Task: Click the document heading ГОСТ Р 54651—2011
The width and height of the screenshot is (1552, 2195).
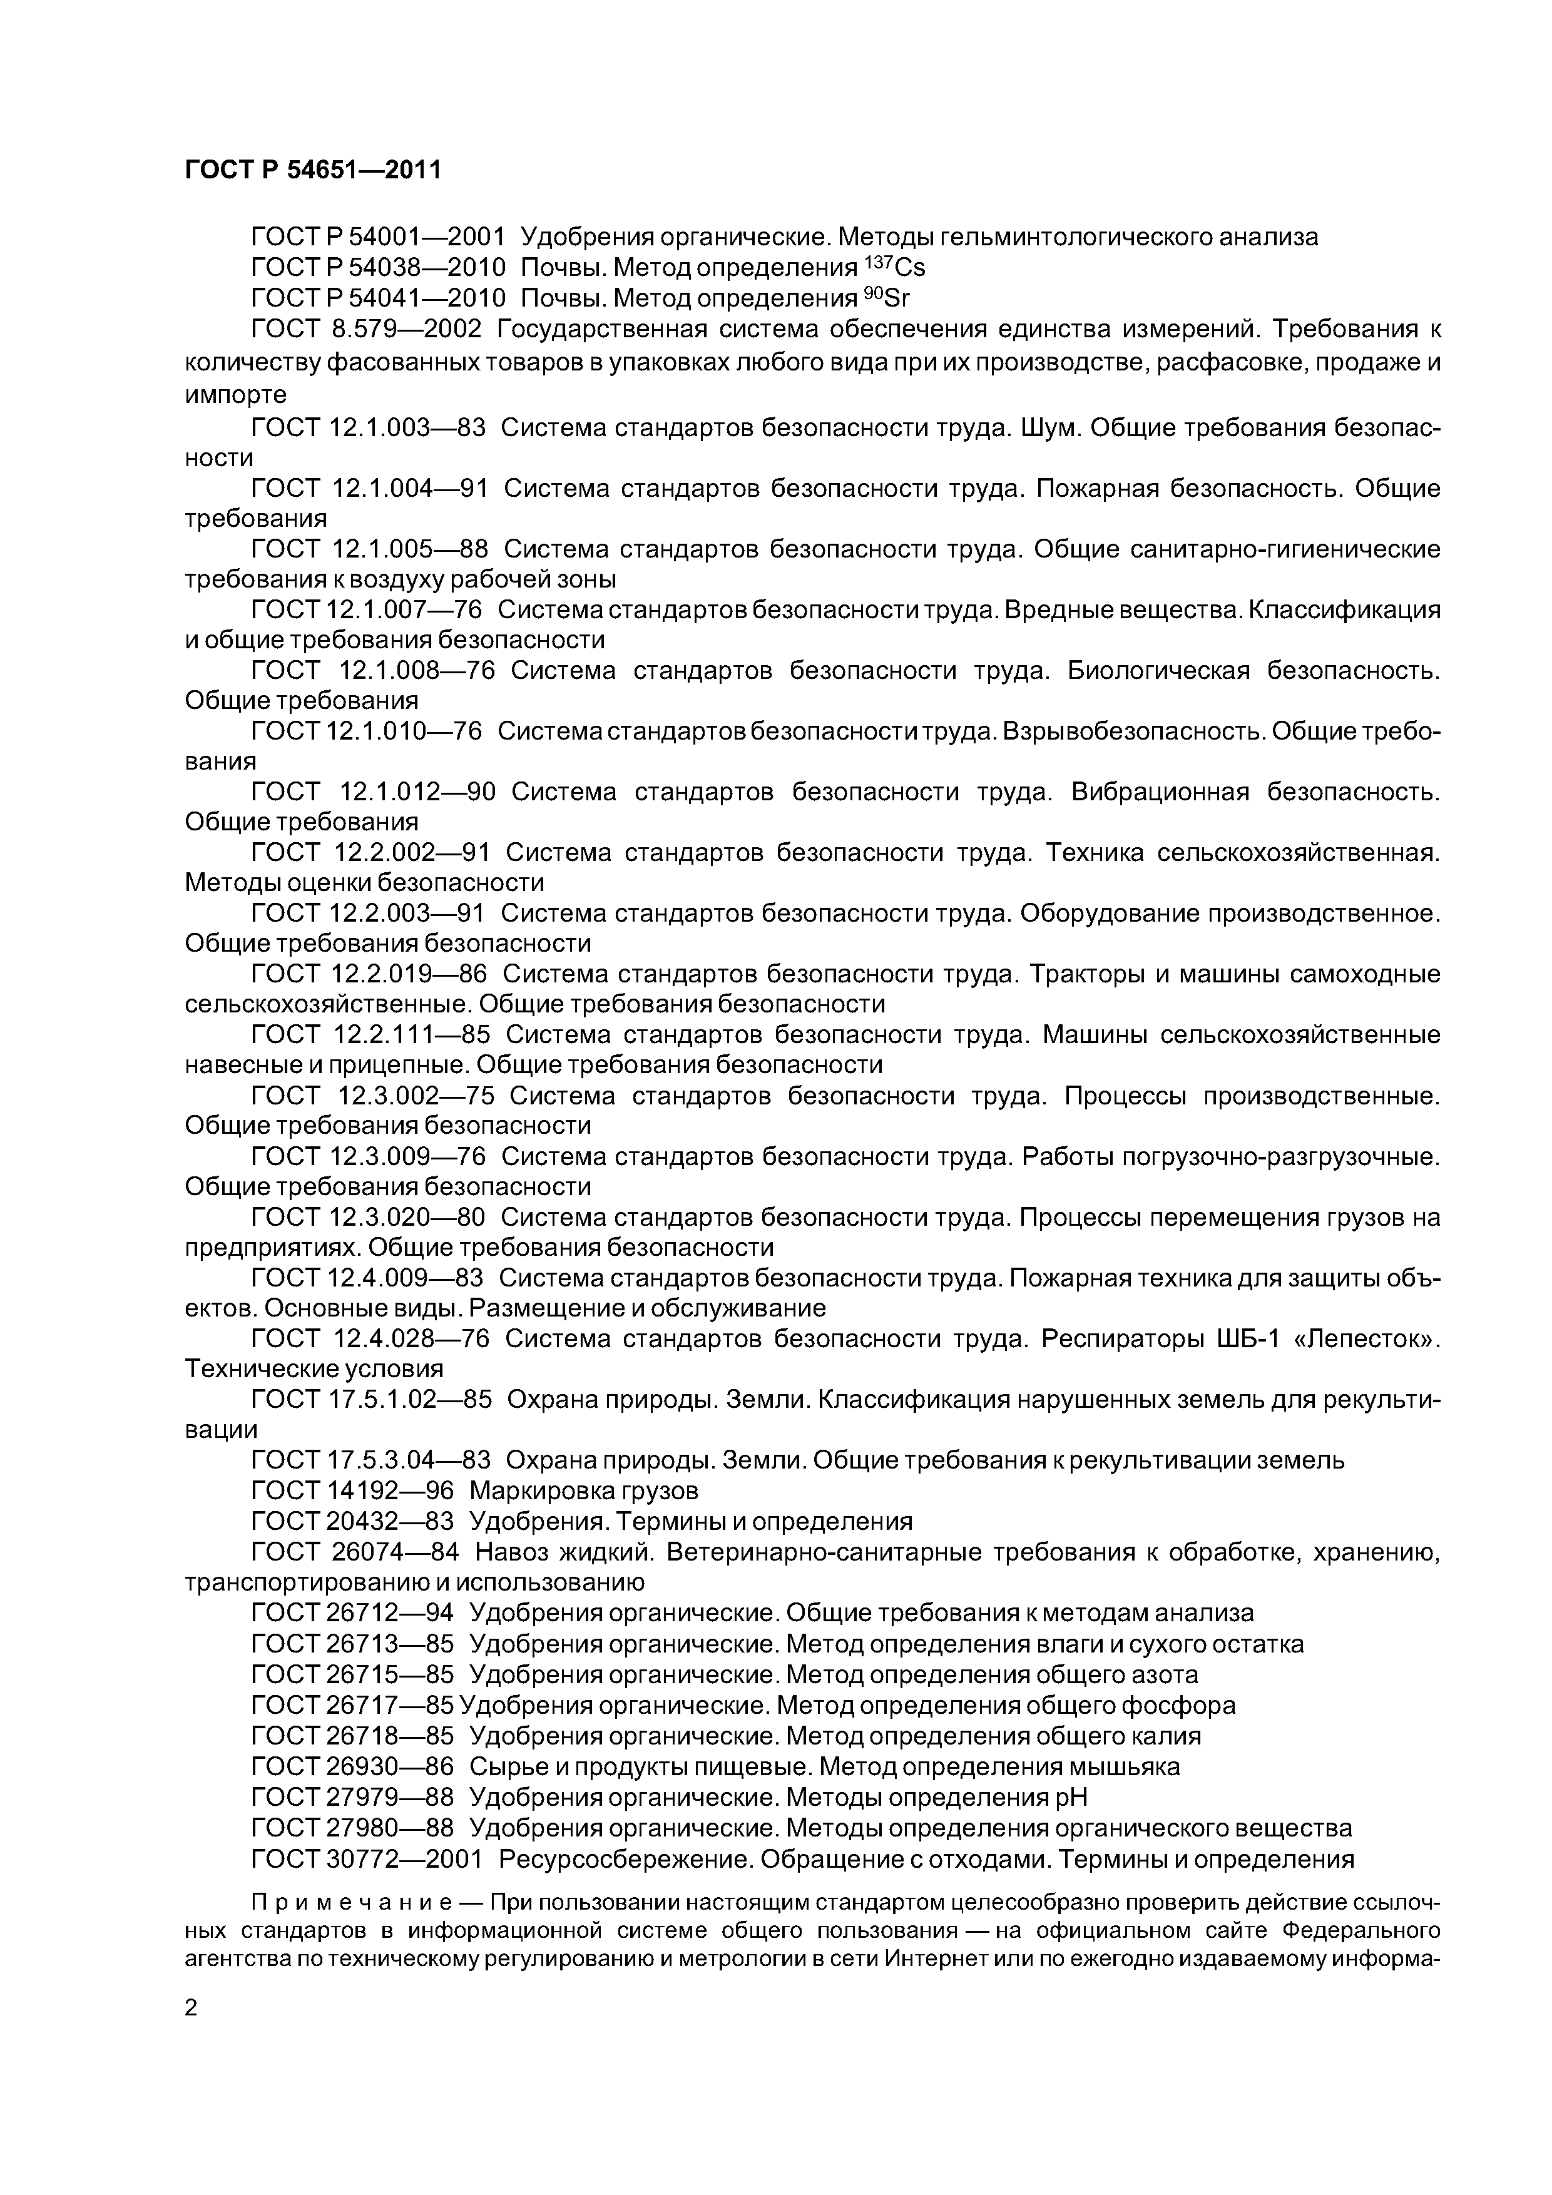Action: pos(313,170)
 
